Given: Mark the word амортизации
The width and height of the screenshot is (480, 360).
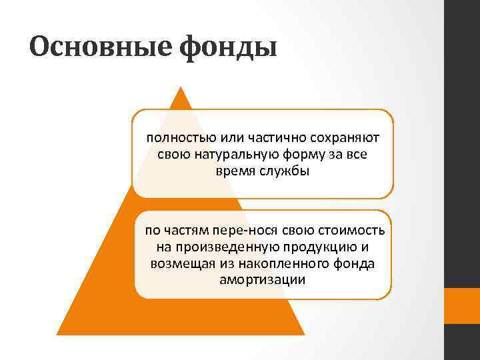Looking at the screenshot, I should coord(262,279).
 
